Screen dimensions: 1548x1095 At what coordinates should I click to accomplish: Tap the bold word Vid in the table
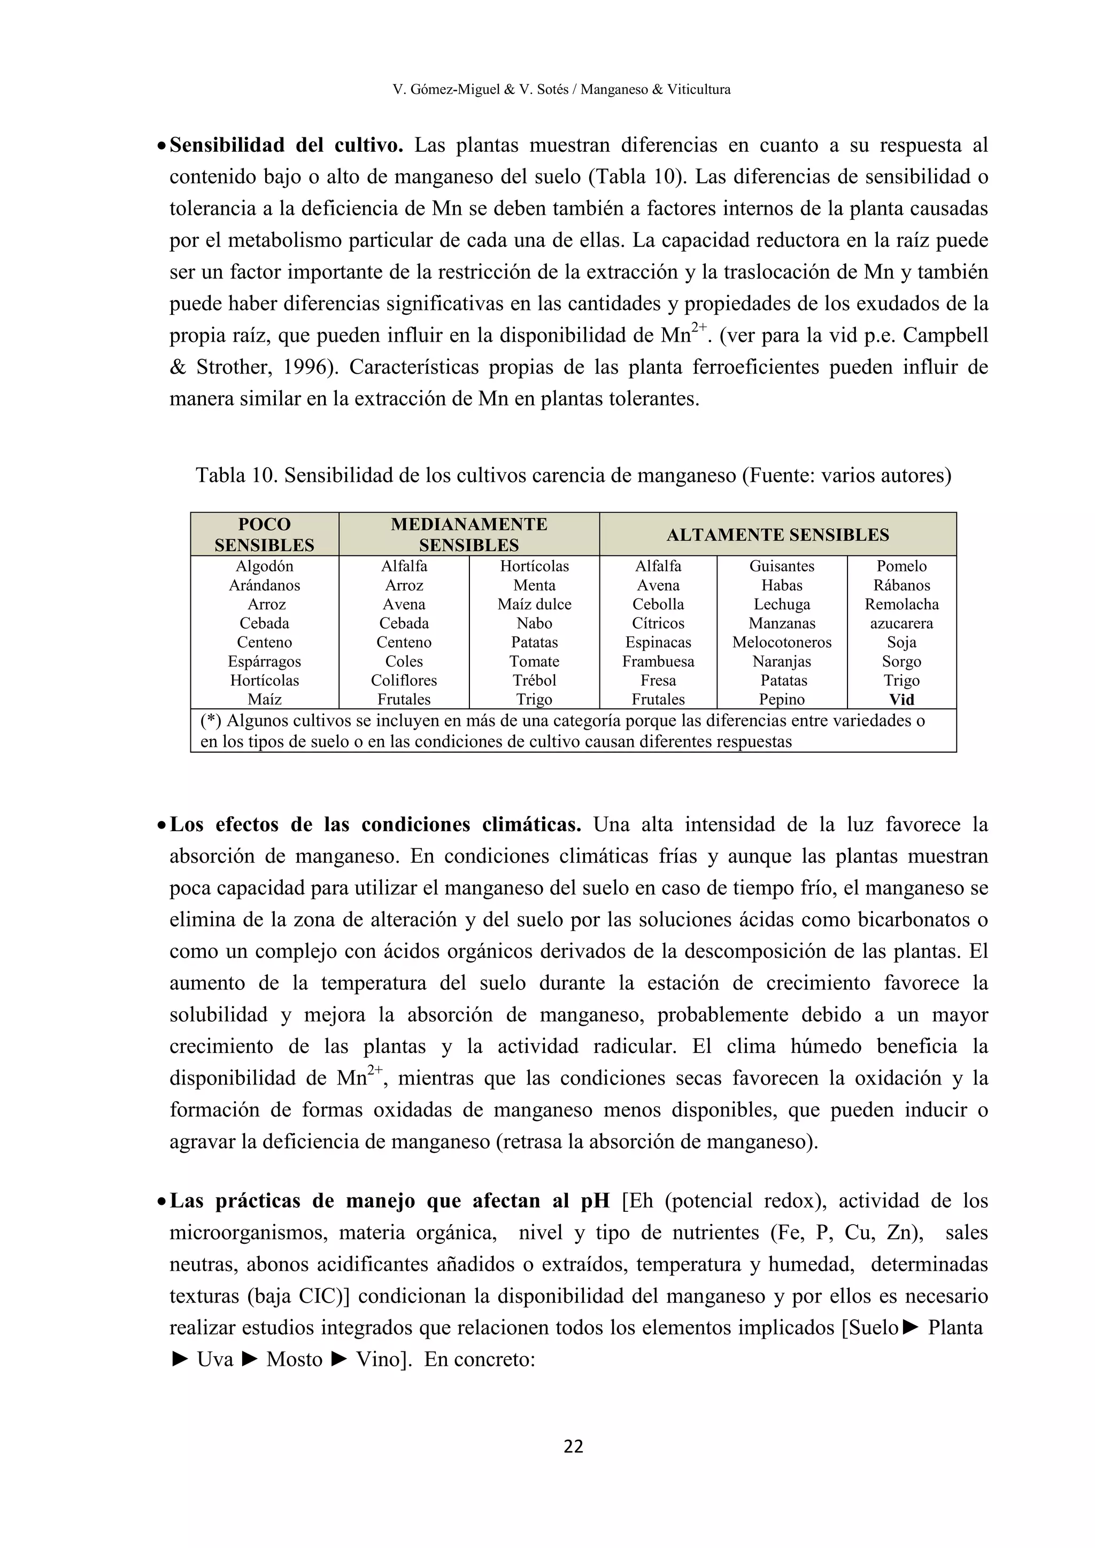901,699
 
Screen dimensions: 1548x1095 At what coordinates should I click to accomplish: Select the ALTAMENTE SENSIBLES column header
777,535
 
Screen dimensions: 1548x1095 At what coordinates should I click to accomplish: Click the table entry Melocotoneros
782,642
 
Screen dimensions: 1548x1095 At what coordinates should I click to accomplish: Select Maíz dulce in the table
534,604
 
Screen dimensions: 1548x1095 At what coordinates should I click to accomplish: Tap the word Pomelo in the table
901,567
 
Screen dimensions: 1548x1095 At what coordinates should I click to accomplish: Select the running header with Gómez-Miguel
561,89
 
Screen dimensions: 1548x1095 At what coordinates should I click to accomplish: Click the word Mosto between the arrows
294,1359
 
